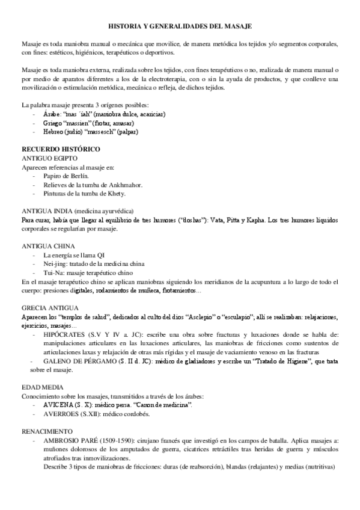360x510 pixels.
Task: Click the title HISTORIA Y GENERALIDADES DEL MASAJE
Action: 180,27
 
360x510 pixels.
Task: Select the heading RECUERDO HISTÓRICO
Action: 52,148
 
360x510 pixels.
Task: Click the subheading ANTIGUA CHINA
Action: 48,246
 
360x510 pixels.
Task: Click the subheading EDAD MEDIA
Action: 42,387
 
